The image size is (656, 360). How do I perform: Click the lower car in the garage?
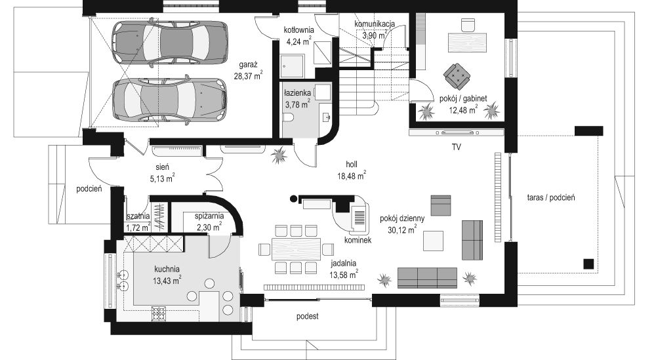coord(169,100)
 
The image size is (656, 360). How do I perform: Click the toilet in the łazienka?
coord(289,119)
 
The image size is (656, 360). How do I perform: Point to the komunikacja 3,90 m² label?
coord(374,30)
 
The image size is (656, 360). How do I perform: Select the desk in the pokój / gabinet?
coord(468,43)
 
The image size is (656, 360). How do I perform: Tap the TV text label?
coord(456,148)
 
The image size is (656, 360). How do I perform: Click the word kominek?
coord(358,241)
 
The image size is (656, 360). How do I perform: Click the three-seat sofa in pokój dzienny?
coord(427,278)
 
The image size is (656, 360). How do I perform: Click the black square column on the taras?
coord(588,264)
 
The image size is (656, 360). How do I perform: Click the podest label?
coord(307,316)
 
